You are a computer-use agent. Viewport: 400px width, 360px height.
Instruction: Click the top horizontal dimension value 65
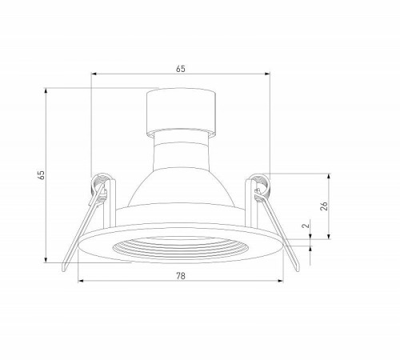[x=180, y=69]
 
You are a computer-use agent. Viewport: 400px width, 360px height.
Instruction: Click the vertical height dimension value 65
[x=42, y=174]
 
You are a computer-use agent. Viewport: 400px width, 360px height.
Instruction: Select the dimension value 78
[x=181, y=276]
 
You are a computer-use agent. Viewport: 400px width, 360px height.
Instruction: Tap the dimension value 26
[x=324, y=206]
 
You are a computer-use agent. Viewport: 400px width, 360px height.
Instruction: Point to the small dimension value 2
[x=306, y=226]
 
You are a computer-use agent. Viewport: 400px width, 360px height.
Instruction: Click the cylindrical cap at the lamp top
[x=181, y=112]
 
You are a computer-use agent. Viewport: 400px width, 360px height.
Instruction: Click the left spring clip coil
[x=99, y=184]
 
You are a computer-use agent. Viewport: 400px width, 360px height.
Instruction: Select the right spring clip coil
[x=262, y=185]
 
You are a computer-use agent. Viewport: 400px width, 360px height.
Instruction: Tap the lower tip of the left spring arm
[x=63, y=270]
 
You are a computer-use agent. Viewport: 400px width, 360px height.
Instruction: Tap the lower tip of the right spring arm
[x=297, y=270]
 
